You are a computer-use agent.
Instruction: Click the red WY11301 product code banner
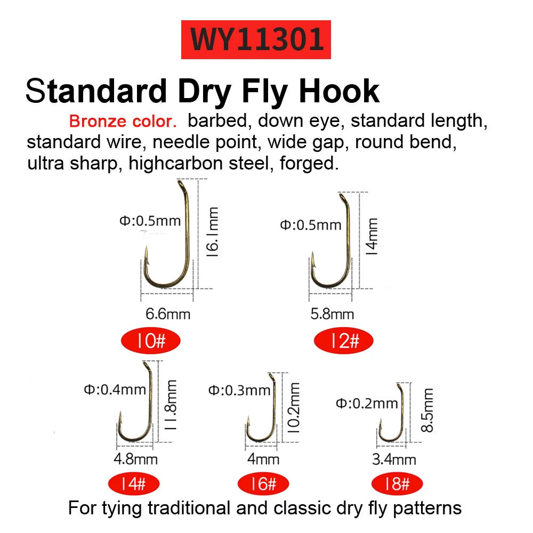(256, 39)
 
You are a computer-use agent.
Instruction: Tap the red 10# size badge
(151, 341)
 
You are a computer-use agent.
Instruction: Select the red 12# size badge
(344, 341)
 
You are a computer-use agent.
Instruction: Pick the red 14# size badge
(134, 483)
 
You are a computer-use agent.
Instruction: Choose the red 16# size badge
(263, 483)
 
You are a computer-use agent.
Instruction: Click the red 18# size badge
(397, 483)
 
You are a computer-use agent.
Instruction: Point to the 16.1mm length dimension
(213, 232)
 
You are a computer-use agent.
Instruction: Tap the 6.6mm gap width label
(168, 314)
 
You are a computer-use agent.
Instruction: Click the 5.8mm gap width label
(332, 314)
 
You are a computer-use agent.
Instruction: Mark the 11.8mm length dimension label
(171, 405)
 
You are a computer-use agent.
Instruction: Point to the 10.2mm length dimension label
(294, 408)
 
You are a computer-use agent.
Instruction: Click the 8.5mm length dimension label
(427, 410)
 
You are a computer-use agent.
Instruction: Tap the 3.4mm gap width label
(394, 459)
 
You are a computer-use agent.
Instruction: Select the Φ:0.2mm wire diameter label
(367, 403)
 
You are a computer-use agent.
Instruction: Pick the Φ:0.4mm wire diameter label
(115, 390)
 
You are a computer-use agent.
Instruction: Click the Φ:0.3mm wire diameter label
(239, 390)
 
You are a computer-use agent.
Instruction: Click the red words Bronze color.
(123, 121)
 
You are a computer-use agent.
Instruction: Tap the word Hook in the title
(339, 91)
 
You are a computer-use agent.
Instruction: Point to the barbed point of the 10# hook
(147, 253)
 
